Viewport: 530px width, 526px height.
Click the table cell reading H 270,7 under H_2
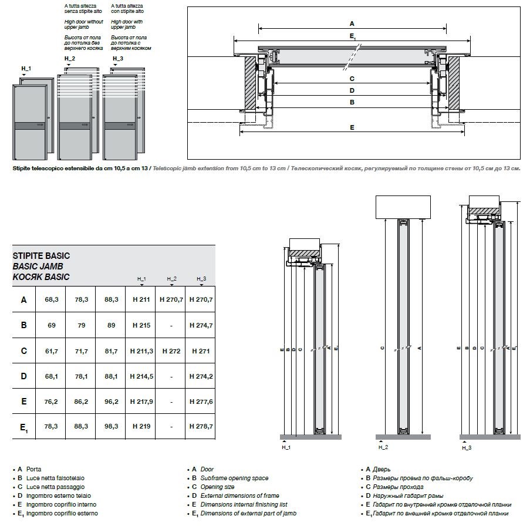[x=171, y=299]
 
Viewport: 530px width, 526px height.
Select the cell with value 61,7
[x=51, y=351]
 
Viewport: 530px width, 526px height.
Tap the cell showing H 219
[x=141, y=426]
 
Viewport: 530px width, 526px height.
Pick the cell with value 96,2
[x=111, y=402]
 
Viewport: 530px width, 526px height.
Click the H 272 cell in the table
[x=171, y=351]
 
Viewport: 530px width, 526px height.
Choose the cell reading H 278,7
[x=201, y=426]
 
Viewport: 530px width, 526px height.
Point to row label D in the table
[x=23, y=376]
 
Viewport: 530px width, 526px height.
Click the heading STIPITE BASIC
[x=41, y=256]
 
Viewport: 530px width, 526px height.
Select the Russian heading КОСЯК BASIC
[x=41, y=277]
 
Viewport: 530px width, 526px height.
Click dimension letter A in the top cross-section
[x=352, y=23]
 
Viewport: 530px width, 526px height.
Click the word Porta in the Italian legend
[x=34, y=470]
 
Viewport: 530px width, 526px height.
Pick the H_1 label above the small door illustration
[x=26, y=69]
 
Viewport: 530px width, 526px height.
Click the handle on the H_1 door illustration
[x=39, y=125]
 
